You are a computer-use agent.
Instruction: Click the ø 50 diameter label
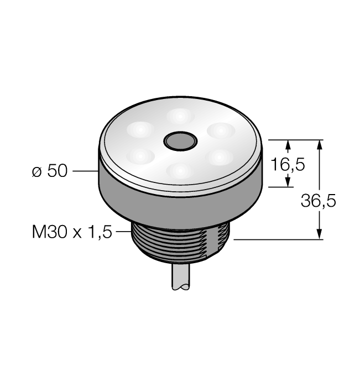[50, 170]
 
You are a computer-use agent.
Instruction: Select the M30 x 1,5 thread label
[72, 232]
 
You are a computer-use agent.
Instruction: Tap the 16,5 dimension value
[288, 164]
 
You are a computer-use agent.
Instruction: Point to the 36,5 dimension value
[319, 200]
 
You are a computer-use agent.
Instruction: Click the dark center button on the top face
[180, 141]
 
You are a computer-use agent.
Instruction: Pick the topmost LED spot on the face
[180, 116]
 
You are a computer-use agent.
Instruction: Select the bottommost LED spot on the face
[180, 170]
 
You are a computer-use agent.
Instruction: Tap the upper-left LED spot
[140, 129]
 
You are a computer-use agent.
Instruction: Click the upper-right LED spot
[221, 130]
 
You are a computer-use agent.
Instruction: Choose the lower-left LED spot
[140, 156]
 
